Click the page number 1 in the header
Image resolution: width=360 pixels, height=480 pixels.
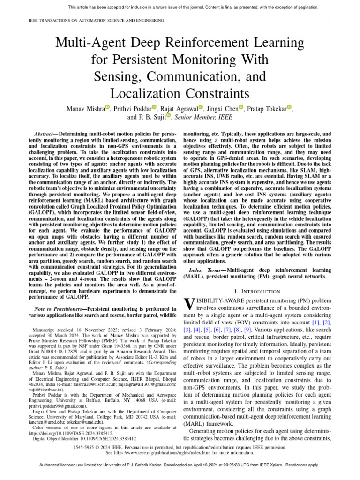coord(330,21)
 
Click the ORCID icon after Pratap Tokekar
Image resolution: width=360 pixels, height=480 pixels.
coord(289,107)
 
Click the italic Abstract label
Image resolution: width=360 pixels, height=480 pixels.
coord(46,134)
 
